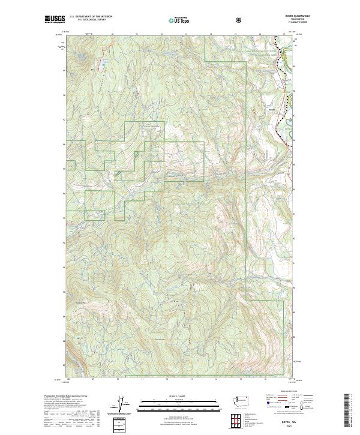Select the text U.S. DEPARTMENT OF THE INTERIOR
click(x=90, y=17)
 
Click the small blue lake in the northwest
click(x=102, y=62)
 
